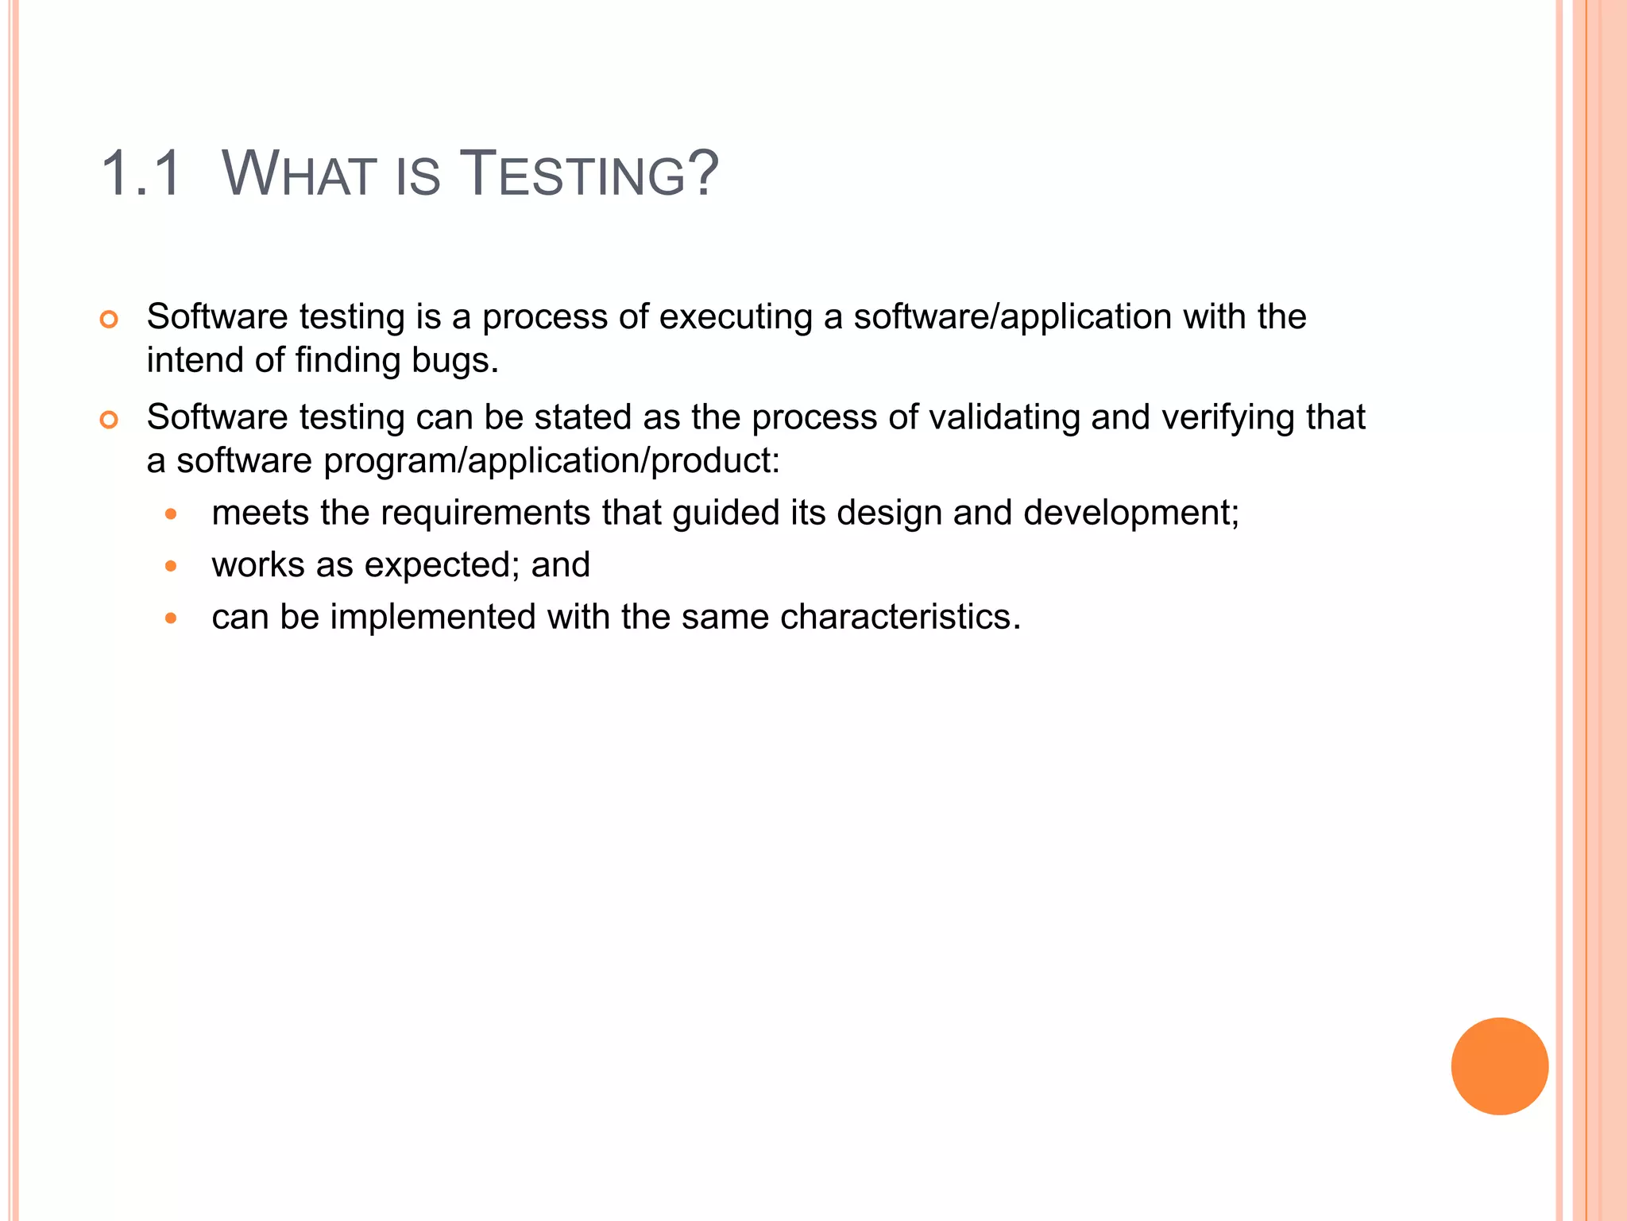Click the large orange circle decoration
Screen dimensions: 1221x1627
point(1499,1066)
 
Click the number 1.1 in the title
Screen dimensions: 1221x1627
point(142,173)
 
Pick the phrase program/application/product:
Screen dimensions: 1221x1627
point(552,461)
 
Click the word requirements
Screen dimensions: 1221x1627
point(485,514)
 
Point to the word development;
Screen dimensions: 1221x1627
point(1131,514)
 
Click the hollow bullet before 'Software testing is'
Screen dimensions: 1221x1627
point(109,320)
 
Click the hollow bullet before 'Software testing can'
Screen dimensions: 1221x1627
point(109,420)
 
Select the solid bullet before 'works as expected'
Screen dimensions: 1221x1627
point(171,566)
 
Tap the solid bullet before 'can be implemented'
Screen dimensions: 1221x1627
point(171,618)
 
